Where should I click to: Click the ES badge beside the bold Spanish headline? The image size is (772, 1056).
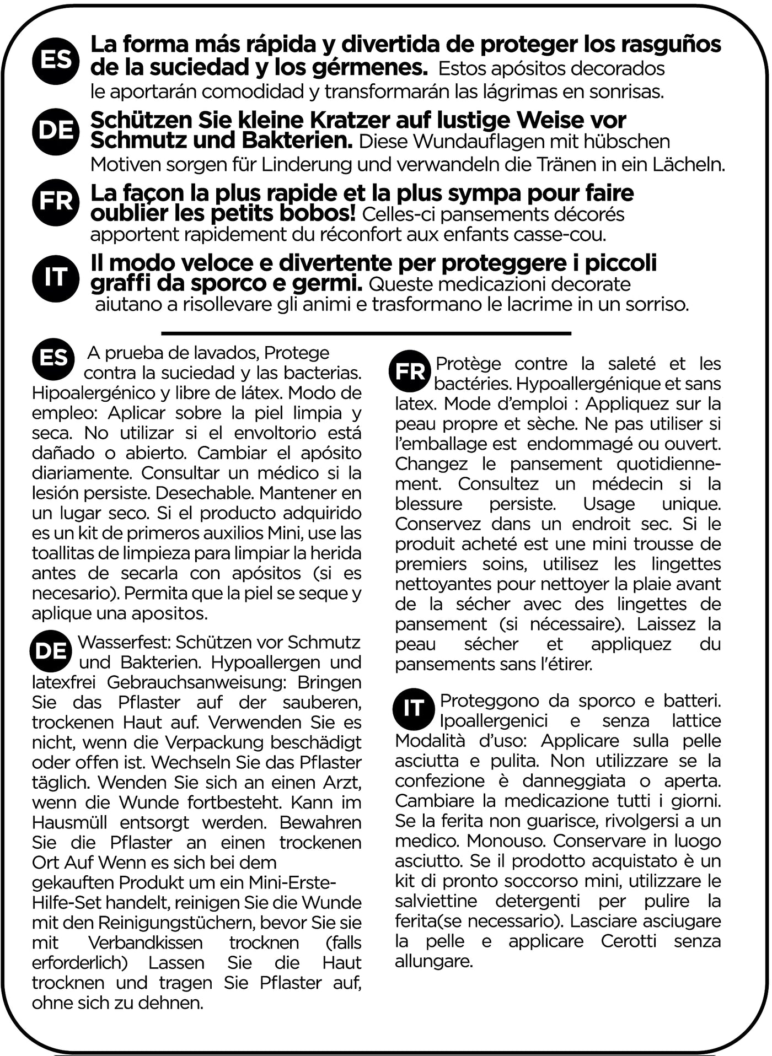pyautogui.click(x=56, y=60)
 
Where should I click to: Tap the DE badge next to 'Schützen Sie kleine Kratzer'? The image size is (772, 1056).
pyautogui.click(x=56, y=131)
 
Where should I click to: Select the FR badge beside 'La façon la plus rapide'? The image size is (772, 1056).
pyautogui.click(x=56, y=202)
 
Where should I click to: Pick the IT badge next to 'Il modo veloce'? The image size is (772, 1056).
pyautogui.click(x=56, y=277)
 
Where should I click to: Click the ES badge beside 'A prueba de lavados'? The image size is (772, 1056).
pyautogui.click(x=53, y=359)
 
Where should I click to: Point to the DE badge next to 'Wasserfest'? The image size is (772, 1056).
pyautogui.click(x=51, y=651)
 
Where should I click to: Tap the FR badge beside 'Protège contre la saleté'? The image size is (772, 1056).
pyautogui.click(x=410, y=371)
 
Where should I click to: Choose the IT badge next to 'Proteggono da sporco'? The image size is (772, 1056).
pyautogui.click(x=414, y=709)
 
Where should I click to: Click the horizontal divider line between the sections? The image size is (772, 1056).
pyautogui.click(x=366, y=333)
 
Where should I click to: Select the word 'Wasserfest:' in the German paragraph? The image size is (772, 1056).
pyautogui.click(x=124, y=643)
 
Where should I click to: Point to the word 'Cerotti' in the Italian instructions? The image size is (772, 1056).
pyautogui.click(x=629, y=941)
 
